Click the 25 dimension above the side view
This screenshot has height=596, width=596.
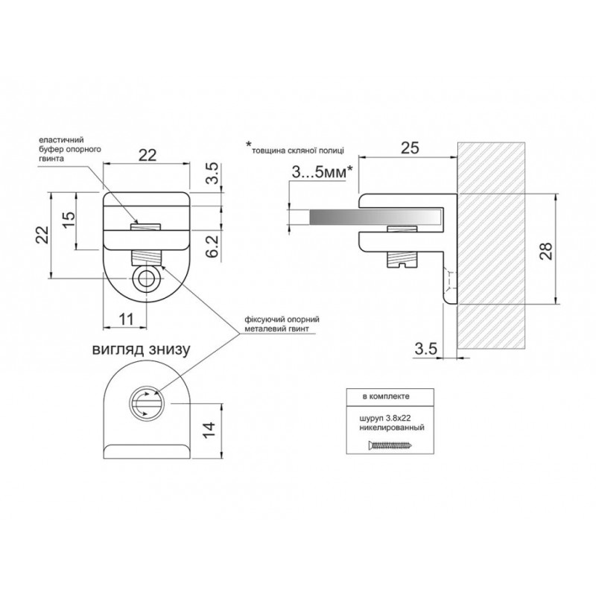410,148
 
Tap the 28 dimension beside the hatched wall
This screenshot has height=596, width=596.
546,250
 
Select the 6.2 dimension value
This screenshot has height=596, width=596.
214,247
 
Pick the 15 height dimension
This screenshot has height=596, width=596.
69,220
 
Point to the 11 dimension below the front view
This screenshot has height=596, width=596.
127,319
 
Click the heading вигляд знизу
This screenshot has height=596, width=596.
141,349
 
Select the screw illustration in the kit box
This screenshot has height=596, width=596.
390,445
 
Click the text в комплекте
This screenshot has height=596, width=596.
386,396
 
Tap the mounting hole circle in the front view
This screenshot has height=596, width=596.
146,279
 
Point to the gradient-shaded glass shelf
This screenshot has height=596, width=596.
376,217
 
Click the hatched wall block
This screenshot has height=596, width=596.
492,246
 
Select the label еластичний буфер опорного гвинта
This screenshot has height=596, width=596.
70,149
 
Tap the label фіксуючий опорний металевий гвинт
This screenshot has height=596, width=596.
282,324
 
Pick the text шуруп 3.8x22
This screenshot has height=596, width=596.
384,419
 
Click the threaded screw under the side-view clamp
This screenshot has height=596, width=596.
402,259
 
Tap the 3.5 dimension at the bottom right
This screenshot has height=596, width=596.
425,349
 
